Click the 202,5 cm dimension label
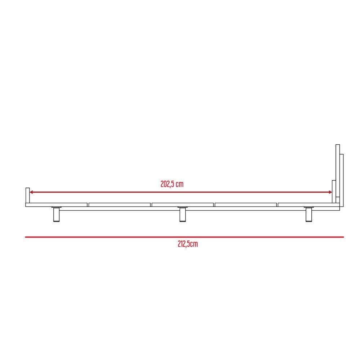172,184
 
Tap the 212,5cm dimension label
188,244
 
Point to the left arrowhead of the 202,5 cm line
31,192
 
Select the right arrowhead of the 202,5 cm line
330,192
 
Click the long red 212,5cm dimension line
184,237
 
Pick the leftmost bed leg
56,215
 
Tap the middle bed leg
183,215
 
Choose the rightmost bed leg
309,215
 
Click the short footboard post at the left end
28,195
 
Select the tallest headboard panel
338,171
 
